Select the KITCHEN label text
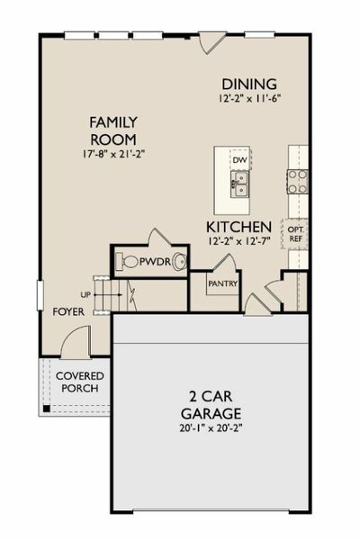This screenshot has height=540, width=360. point(238,226)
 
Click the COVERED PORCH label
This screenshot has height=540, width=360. point(79,382)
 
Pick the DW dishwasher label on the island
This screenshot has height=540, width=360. point(239,160)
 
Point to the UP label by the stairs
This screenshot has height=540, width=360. point(85,294)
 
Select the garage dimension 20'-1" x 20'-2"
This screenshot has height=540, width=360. point(210,428)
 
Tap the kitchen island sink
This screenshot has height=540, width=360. point(238,186)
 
